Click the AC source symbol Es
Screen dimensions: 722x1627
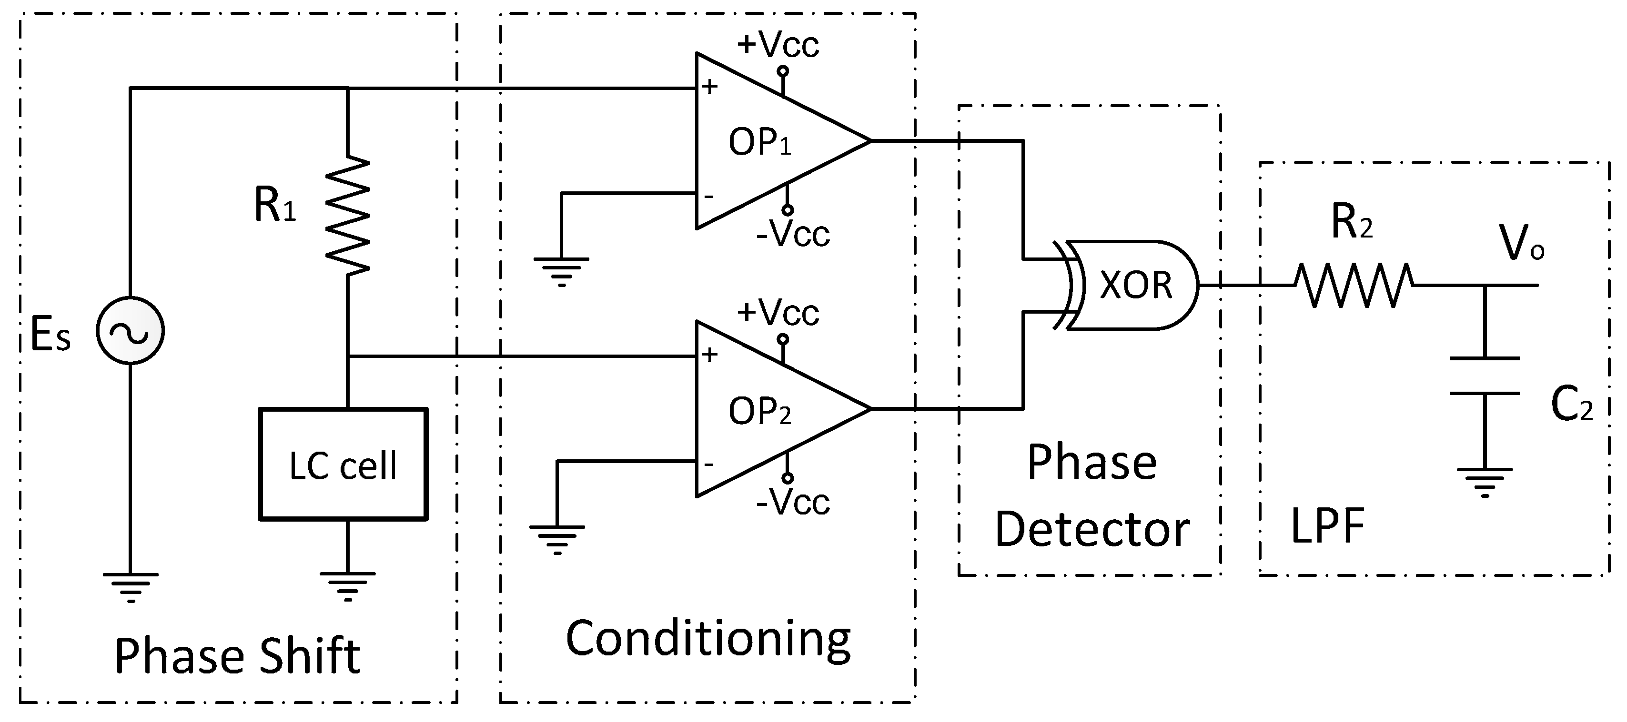tap(130, 331)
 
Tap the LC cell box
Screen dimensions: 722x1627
tap(343, 465)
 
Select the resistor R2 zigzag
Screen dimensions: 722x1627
tap(1354, 285)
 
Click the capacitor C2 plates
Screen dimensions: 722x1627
tap(1484, 376)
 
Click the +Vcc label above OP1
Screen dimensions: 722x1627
tap(778, 44)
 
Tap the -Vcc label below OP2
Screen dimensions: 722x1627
tap(793, 503)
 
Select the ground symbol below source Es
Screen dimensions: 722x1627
tap(130, 586)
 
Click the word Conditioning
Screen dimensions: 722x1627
tap(707, 639)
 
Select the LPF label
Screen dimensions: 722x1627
tap(1328, 526)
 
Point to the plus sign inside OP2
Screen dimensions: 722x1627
tap(709, 355)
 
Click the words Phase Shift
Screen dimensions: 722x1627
tap(237, 656)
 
